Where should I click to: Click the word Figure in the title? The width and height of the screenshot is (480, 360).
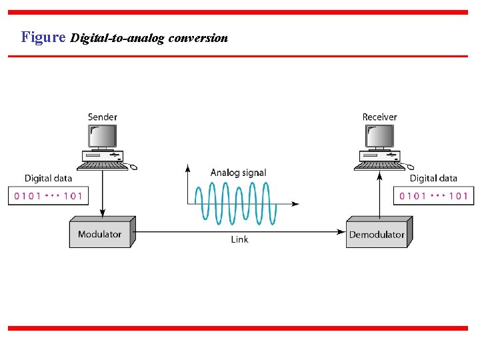pos(43,37)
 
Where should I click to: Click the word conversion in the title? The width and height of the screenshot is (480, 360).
pos(198,38)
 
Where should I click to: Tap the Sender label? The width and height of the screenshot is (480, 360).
pos(103,117)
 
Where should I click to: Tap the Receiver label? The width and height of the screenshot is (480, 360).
pos(379,117)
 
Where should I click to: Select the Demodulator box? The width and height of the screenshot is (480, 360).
pos(377,234)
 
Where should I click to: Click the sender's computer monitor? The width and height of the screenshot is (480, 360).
pos(102,137)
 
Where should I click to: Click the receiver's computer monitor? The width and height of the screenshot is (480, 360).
pos(379,137)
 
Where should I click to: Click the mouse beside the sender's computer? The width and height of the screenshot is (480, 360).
pos(133,167)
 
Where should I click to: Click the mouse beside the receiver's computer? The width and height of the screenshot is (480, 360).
pos(409,167)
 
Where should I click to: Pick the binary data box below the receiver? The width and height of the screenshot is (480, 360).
pos(433,196)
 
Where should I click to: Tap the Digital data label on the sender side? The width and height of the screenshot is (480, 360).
pos(48,178)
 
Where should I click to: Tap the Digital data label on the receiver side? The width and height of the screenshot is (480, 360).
pos(433,178)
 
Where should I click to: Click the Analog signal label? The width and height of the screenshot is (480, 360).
pos(238,173)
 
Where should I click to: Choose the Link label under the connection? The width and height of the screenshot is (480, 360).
pos(239,239)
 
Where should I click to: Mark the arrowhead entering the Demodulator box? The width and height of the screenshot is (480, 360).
pos(341,231)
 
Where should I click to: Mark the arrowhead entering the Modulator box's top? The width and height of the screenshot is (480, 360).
pos(102,213)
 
